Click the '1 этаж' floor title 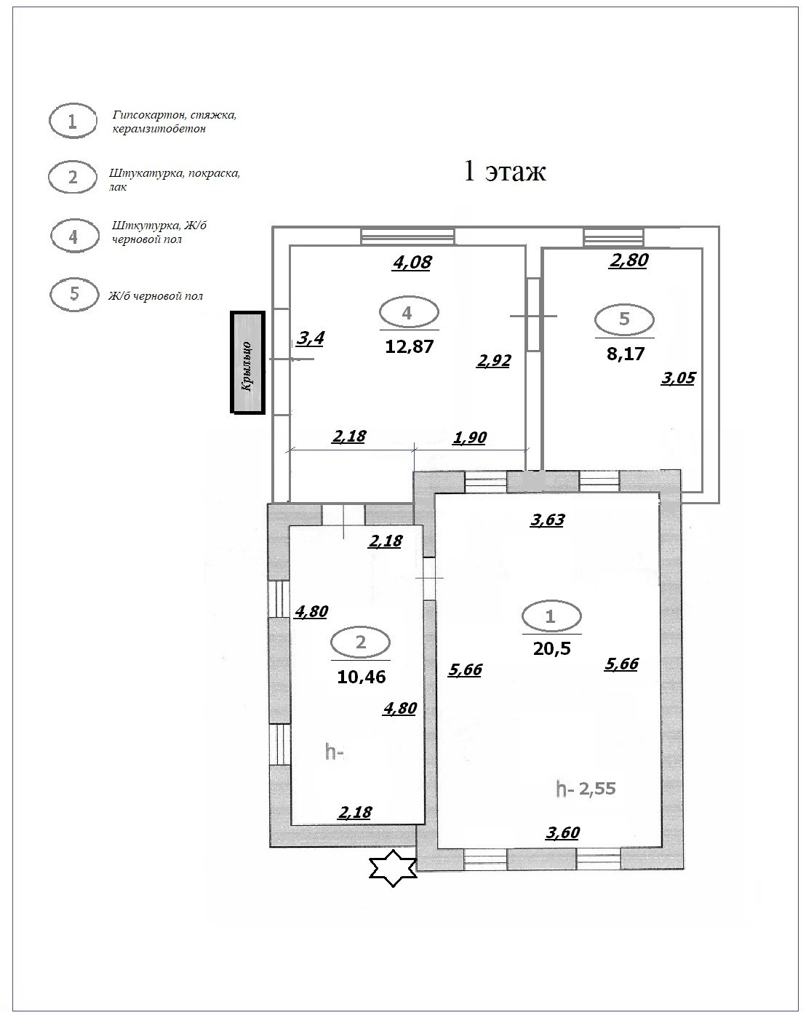[x=505, y=171]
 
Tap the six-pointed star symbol [x=393, y=867]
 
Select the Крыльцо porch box [x=247, y=362]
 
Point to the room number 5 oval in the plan [x=624, y=319]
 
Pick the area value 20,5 [x=551, y=648]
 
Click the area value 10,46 [x=361, y=676]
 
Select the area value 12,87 [x=409, y=346]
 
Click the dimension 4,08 [x=412, y=262]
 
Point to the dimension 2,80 [x=629, y=260]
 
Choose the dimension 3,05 [x=678, y=378]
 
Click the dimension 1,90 [x=469, y=438]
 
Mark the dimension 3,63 [x=547, y=520]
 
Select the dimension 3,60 [x=562, y=833]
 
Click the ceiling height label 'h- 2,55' [x=586, y=788]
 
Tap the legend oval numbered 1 [x=73, y=122]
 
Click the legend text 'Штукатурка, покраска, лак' [x=174, y=180]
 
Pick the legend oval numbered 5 [x=73, y=295]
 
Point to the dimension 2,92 [x=493, y=360]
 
